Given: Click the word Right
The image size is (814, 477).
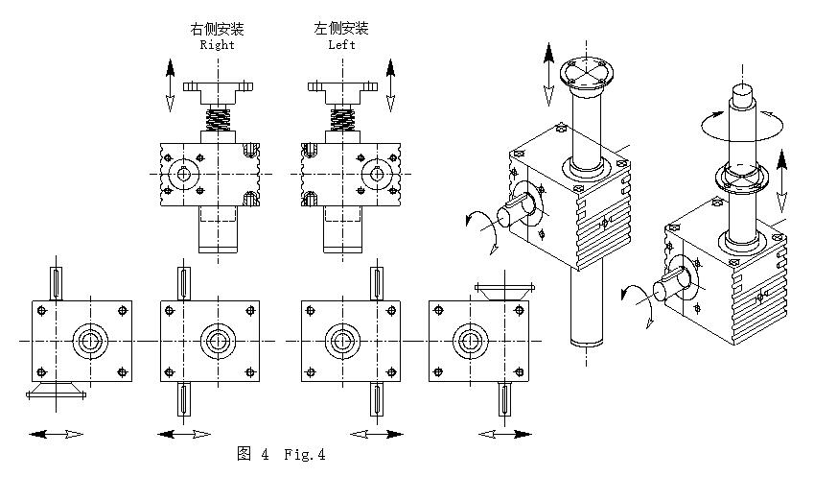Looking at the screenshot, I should point(217,44).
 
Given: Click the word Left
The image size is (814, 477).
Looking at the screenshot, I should point(340,44).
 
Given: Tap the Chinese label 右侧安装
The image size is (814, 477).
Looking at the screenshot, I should point(218,29).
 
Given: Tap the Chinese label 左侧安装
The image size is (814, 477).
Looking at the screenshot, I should point(340,29).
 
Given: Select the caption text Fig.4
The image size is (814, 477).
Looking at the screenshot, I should point(305,455).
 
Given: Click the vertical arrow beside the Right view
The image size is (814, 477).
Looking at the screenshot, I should point(171,83).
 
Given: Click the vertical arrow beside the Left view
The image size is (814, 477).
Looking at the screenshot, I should point(390,83).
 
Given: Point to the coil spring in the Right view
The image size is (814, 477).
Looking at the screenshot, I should point(220,121).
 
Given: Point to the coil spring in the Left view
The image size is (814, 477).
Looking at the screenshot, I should point(342,121).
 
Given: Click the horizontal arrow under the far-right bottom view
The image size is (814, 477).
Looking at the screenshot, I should point(506,435).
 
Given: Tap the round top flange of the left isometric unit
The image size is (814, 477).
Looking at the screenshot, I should point(585,70).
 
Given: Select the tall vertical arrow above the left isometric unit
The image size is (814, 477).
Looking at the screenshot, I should point(548,72).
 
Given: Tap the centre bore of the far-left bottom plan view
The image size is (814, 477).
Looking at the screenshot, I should point(92,341).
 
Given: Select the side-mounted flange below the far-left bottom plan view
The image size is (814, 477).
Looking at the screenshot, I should point(57,392).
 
